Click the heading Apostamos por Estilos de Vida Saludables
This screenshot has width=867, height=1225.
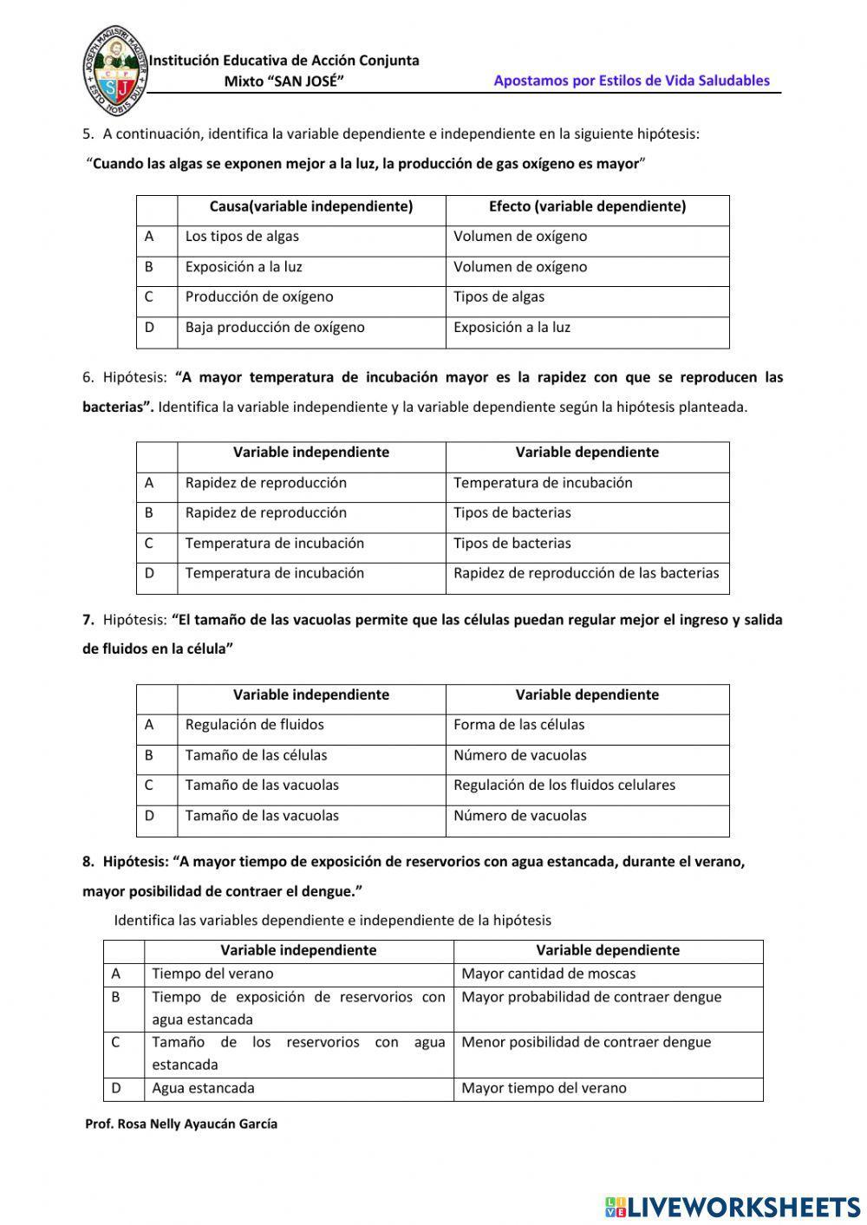(631, 81)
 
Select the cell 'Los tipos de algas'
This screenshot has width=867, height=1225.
(242, 237)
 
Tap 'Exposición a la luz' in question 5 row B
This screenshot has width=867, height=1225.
(244, 267)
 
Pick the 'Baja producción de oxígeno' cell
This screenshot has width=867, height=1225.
(275, 328)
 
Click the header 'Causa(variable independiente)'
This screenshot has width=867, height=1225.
(311, 206)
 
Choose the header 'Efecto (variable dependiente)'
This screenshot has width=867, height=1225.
(587, 206)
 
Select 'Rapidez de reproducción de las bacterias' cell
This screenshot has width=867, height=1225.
(586, 573)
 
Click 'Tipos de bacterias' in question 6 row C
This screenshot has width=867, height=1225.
(512, 544)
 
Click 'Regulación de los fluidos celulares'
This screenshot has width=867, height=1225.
(564, 785)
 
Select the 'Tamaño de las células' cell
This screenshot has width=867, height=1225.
(257, 755)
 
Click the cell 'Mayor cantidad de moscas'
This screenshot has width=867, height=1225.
(549, 974)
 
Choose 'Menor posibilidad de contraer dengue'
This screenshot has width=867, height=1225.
(586, 1042)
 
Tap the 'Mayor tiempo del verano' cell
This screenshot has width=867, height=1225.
(544, 1088)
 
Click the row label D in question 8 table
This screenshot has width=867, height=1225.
(116, 1088)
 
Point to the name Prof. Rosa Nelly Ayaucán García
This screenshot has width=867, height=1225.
(181, 1124)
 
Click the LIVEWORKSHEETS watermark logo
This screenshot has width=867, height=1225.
(733, 1207)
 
